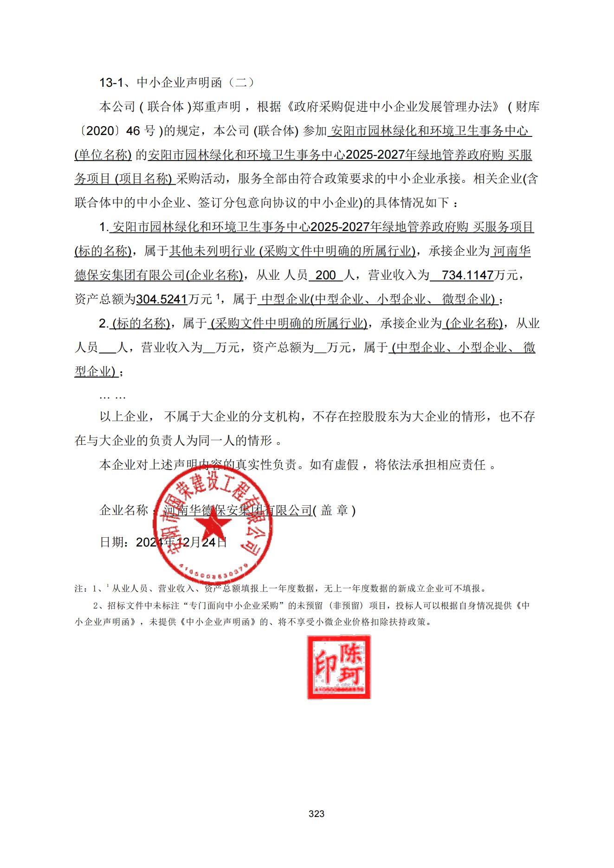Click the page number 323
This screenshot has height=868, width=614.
click(x=316, y=813)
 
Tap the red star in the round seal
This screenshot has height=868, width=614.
click(x=213, y=526)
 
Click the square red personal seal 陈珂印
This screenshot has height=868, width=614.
click(x=339, y=667)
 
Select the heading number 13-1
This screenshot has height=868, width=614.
click(x=111, y=83)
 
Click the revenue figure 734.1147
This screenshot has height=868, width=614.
click(x=467, y=275)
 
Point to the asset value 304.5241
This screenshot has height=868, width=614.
click(x=162, y=299)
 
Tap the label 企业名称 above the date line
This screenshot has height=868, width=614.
click(x=123, y=510)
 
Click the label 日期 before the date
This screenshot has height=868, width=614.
click(x=112, y=542)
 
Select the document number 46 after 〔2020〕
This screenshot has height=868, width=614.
click(x=133, y=131)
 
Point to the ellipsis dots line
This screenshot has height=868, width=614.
click(x=113, y=396)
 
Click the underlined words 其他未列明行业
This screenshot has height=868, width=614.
click(x=212, y=251)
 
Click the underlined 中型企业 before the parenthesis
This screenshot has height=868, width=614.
click(x=285, y=299)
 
